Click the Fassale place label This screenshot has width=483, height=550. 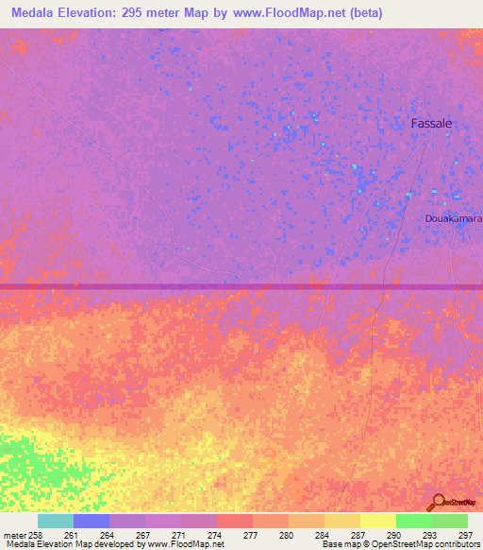pyautogui.click(x=433, y=123)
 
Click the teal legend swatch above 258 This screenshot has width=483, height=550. pyautogui.click(x=56, y=521)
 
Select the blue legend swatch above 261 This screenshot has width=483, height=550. pyautogui.click(x=92, y=521)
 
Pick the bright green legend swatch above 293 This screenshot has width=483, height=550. pyautogui.click(x=414, y=521)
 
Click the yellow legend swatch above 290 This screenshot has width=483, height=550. pyautogui.click(x=378, y=521)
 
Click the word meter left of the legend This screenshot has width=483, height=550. pyautogui.click(x=16, y=535)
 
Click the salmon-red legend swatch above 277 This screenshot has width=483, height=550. pyautogui.click(x=235, y=521)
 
